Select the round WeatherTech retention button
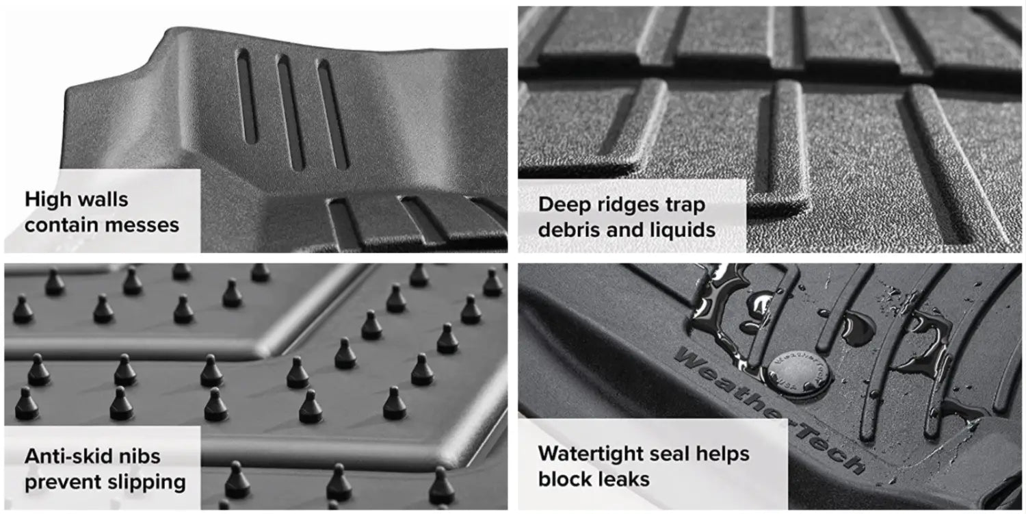[798, 374]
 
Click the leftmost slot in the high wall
[247, 97]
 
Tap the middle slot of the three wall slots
[291, 113]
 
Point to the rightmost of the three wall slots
[333, 114]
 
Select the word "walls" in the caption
[105, 200]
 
